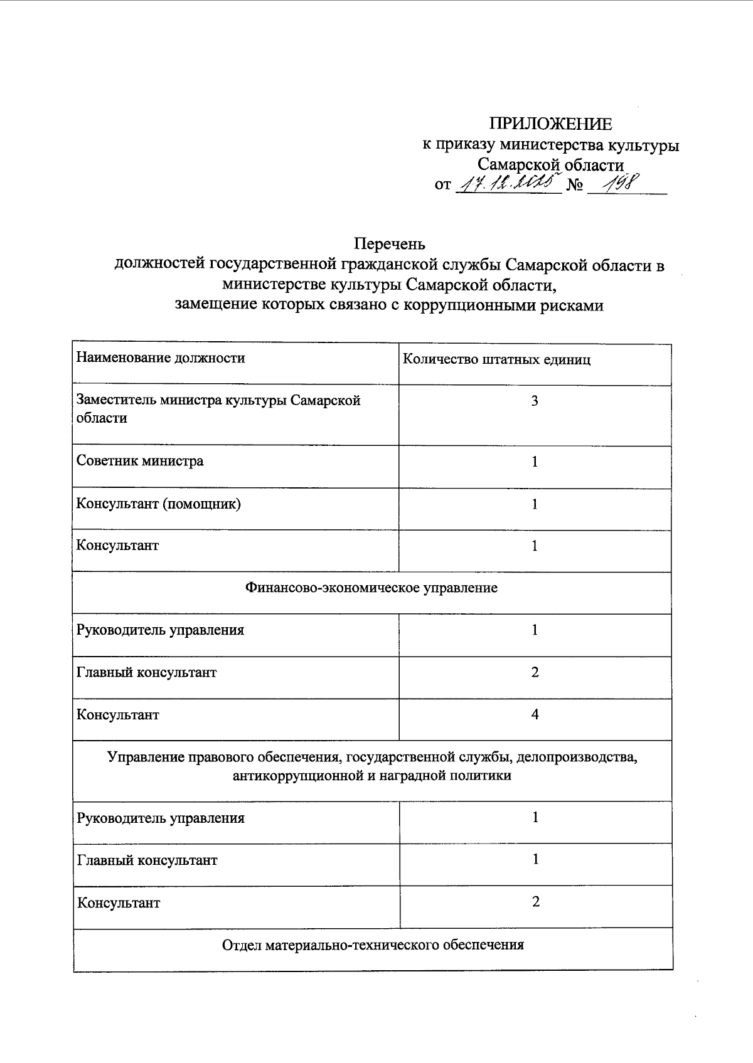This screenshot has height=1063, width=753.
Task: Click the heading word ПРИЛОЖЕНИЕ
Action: (550, 124)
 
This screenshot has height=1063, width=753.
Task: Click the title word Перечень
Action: (390, 243)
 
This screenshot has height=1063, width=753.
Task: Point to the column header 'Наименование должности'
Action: (161, 358)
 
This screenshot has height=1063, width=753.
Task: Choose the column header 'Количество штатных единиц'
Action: (496, 360)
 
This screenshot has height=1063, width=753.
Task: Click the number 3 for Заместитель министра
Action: (535, 401)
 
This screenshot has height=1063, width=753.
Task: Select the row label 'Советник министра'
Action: (140, 461)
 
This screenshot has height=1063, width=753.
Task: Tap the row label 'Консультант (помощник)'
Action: (159, 504)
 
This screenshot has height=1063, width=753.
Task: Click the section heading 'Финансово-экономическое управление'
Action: (371, 588)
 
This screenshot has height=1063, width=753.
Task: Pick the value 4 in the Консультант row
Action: (535, 714)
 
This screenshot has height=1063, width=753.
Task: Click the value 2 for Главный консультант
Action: (535, 672)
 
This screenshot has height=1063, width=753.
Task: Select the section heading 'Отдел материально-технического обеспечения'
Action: (373, 944)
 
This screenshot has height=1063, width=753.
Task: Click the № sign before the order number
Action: (575, 186)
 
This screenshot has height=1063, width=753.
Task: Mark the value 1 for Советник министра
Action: (535, 462)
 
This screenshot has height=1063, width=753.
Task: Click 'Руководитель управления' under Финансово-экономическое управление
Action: (160, 630)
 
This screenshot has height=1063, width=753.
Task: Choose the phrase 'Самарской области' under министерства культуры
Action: (550, 165)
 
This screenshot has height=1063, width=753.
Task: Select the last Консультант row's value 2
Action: (535, 902)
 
